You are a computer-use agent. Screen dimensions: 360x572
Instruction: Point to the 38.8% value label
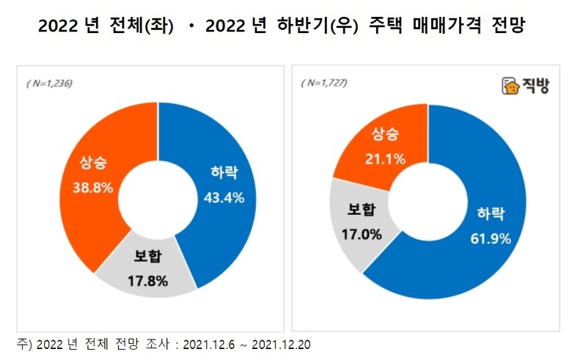click(x=92, y=188)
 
